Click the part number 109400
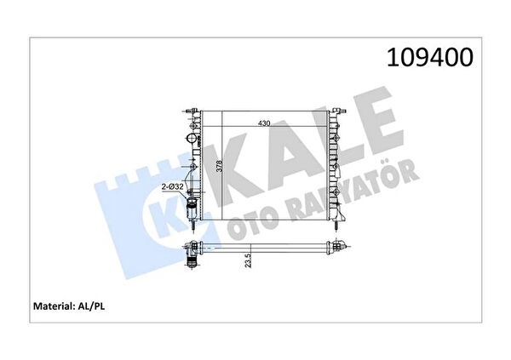(x=429, y=57)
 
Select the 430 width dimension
(x=264, y=123)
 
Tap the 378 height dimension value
(x=220, y=166)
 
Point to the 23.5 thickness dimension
(x=248, y=260)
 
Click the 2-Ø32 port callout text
(x=173, y=187)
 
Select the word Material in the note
(x=53, y=306)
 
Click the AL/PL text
(x=91, y=306)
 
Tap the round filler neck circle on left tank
(x=192, y=139)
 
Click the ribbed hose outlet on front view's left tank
(x=192, y=208)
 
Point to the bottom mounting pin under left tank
(x=194, y=226)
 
